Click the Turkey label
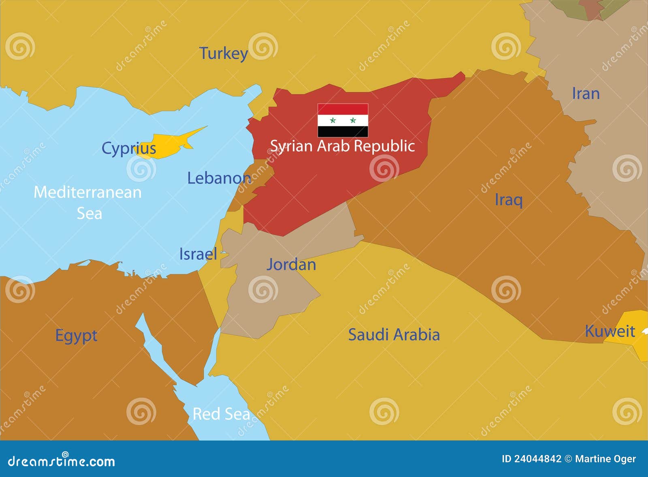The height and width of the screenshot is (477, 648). click(x=223, y=53)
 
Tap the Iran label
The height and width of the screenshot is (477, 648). click(x=586, y=94)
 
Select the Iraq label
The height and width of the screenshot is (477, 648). click(x=509, y=200)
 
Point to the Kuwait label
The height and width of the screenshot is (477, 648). click(x=610, y=332)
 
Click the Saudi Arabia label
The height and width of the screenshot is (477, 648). click(x=394, y=335)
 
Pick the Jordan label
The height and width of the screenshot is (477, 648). click(x=291, y=265)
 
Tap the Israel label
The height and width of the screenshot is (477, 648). click(x=198, y=254)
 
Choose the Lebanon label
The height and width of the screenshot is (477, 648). click(x=219, y=178)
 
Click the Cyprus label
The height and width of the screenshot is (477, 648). click(x=128, y=148)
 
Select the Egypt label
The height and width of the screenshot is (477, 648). click(x=76, y=336)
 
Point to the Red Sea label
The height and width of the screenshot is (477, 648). click(x=221, y=414)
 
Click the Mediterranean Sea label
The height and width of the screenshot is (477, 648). click(x=88, y=202)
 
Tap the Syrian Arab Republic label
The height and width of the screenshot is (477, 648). click(x=342, y=146)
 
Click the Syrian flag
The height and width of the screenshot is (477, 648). click(x=343, y=120)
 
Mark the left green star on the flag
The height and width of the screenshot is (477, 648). click(x=333, y=120)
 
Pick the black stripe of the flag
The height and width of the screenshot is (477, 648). click(x=343, y=131)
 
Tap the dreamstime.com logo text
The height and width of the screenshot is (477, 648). click(x=62, y=461)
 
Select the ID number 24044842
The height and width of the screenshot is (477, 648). click(x=537, y=459)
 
